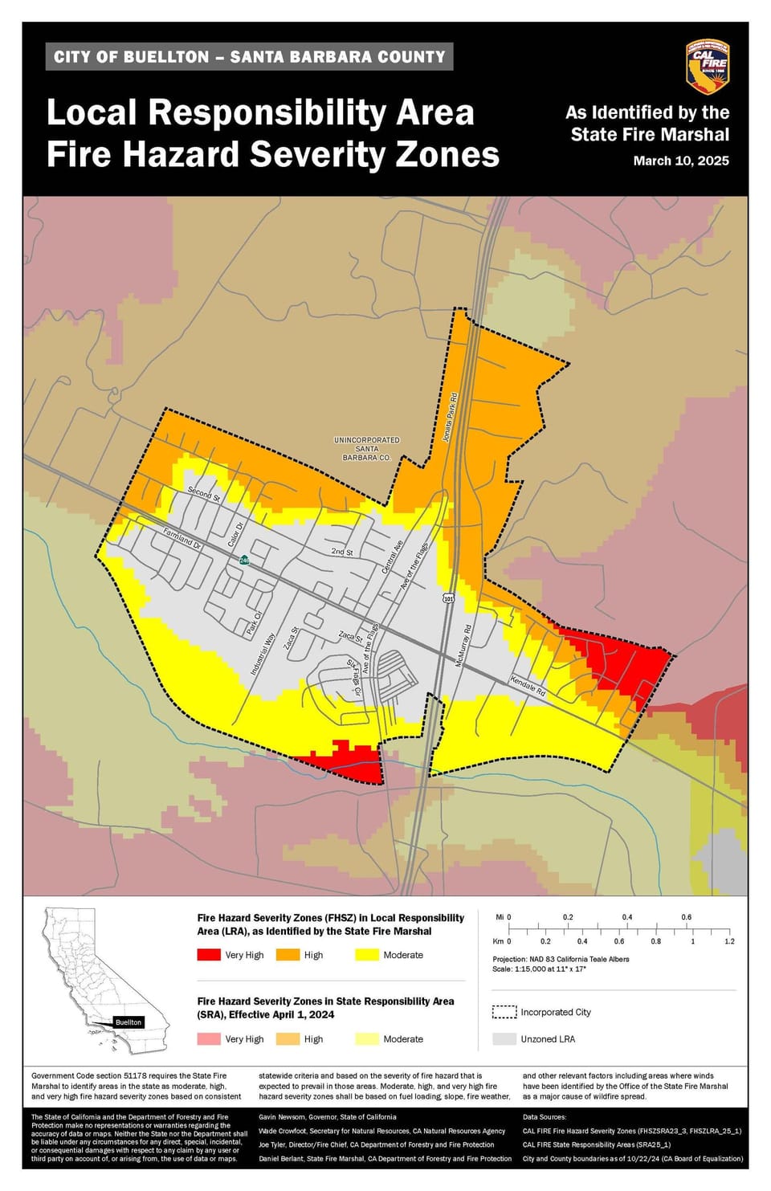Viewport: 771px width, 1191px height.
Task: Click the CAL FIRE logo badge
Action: click(707, 67)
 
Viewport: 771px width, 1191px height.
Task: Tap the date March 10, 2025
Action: click(680, 161)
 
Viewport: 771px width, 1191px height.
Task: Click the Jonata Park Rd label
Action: click(449, 418)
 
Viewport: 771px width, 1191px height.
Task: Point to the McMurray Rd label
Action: click(463, 646)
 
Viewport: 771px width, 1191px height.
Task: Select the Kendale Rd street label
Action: click(528, 686)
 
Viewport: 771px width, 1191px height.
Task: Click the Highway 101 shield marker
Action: click(448, 598)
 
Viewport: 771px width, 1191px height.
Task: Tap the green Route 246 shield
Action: click(243, 560)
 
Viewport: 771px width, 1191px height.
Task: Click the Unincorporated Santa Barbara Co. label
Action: click(366, 449)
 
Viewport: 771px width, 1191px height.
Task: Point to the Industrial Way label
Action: click(263, 653)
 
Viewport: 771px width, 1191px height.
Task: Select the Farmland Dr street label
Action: click(182, 538)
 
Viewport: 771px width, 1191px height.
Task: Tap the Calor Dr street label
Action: click(235, 534)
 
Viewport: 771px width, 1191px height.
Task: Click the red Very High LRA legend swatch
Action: click(208, 955)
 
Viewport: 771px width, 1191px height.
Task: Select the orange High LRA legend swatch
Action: click(287, 955)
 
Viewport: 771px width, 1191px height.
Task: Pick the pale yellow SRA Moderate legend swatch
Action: click(366, 1039)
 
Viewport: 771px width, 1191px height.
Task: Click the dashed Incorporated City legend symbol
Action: click(504, 1012)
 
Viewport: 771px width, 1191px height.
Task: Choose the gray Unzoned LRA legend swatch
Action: click(504, 1039)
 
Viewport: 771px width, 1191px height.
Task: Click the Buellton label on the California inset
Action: click(128, 1022)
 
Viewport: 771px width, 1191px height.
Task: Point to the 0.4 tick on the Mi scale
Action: click(626, 917)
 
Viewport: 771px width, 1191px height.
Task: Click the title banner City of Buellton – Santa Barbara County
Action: click(249, 57)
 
